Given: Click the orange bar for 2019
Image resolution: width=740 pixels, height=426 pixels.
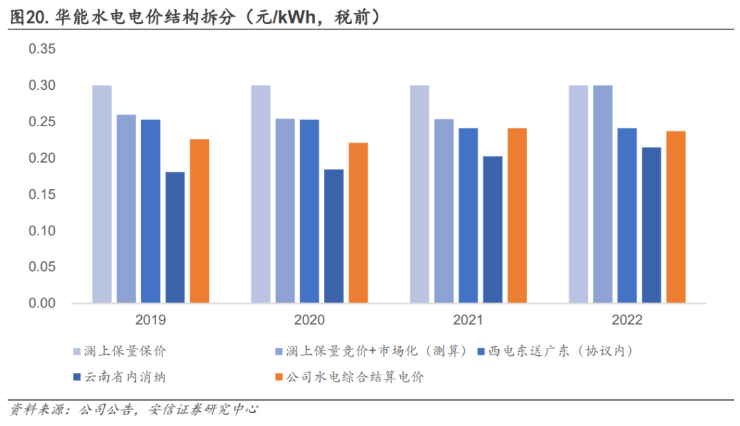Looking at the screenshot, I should pos(199,221).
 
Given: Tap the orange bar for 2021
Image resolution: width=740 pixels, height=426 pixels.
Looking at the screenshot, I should pos(517,215).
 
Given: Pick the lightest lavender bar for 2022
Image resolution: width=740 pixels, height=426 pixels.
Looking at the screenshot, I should pos(578,194).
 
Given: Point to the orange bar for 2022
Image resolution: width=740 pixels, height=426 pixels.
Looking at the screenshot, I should pos(676,217).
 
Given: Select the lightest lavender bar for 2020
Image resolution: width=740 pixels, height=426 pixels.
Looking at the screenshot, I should pos(260,194).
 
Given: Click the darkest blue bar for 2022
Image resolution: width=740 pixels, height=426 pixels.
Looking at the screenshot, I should pos(652,225).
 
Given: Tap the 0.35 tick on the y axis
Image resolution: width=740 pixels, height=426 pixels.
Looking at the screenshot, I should pos(42,49).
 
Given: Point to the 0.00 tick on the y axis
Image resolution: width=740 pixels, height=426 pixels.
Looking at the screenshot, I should pos(42,303).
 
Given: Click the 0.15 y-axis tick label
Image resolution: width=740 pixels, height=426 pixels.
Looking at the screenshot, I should pos(42,195).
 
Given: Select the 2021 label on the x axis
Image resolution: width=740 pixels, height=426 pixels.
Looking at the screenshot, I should pos(468,320).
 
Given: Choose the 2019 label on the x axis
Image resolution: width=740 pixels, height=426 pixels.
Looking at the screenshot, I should pos(151,320).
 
